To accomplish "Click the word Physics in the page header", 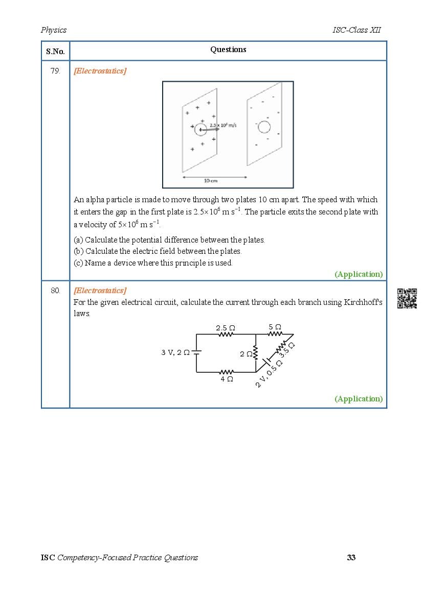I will pos(54,30).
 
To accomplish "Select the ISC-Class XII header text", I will pos(357,30).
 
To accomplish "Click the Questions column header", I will pos(228,50).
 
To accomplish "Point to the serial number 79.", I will pos(55,71).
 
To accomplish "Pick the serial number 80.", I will pos(55,291).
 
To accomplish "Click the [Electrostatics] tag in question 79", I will pos(100,71).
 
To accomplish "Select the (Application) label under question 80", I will pos(359,399).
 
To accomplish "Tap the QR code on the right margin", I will pos(407,298).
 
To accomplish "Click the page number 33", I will pos(351,557).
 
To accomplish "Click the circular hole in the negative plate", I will pos(264,127).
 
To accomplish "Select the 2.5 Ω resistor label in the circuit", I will pos(226,327).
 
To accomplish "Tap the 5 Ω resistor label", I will pos(275,327).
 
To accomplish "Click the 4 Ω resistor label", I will pos(227,379).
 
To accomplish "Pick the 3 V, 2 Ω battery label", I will pos(175,352).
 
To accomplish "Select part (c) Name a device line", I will pos(153,263).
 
